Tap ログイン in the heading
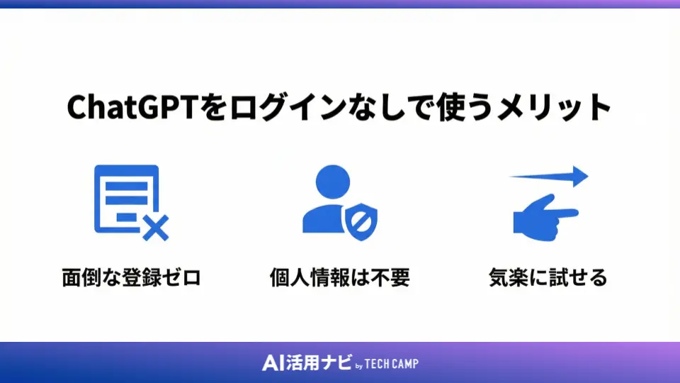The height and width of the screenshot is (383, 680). (x=268, y=109)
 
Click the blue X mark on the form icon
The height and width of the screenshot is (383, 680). (x=155, y=228)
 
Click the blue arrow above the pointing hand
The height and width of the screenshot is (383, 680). (x=550, y=176)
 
